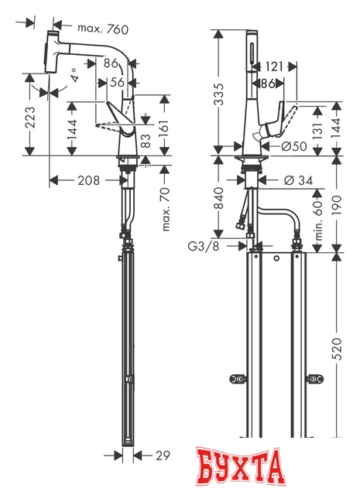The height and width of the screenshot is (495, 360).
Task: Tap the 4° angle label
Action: [75, 77]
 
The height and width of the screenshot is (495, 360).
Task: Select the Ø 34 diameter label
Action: [297, 180]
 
